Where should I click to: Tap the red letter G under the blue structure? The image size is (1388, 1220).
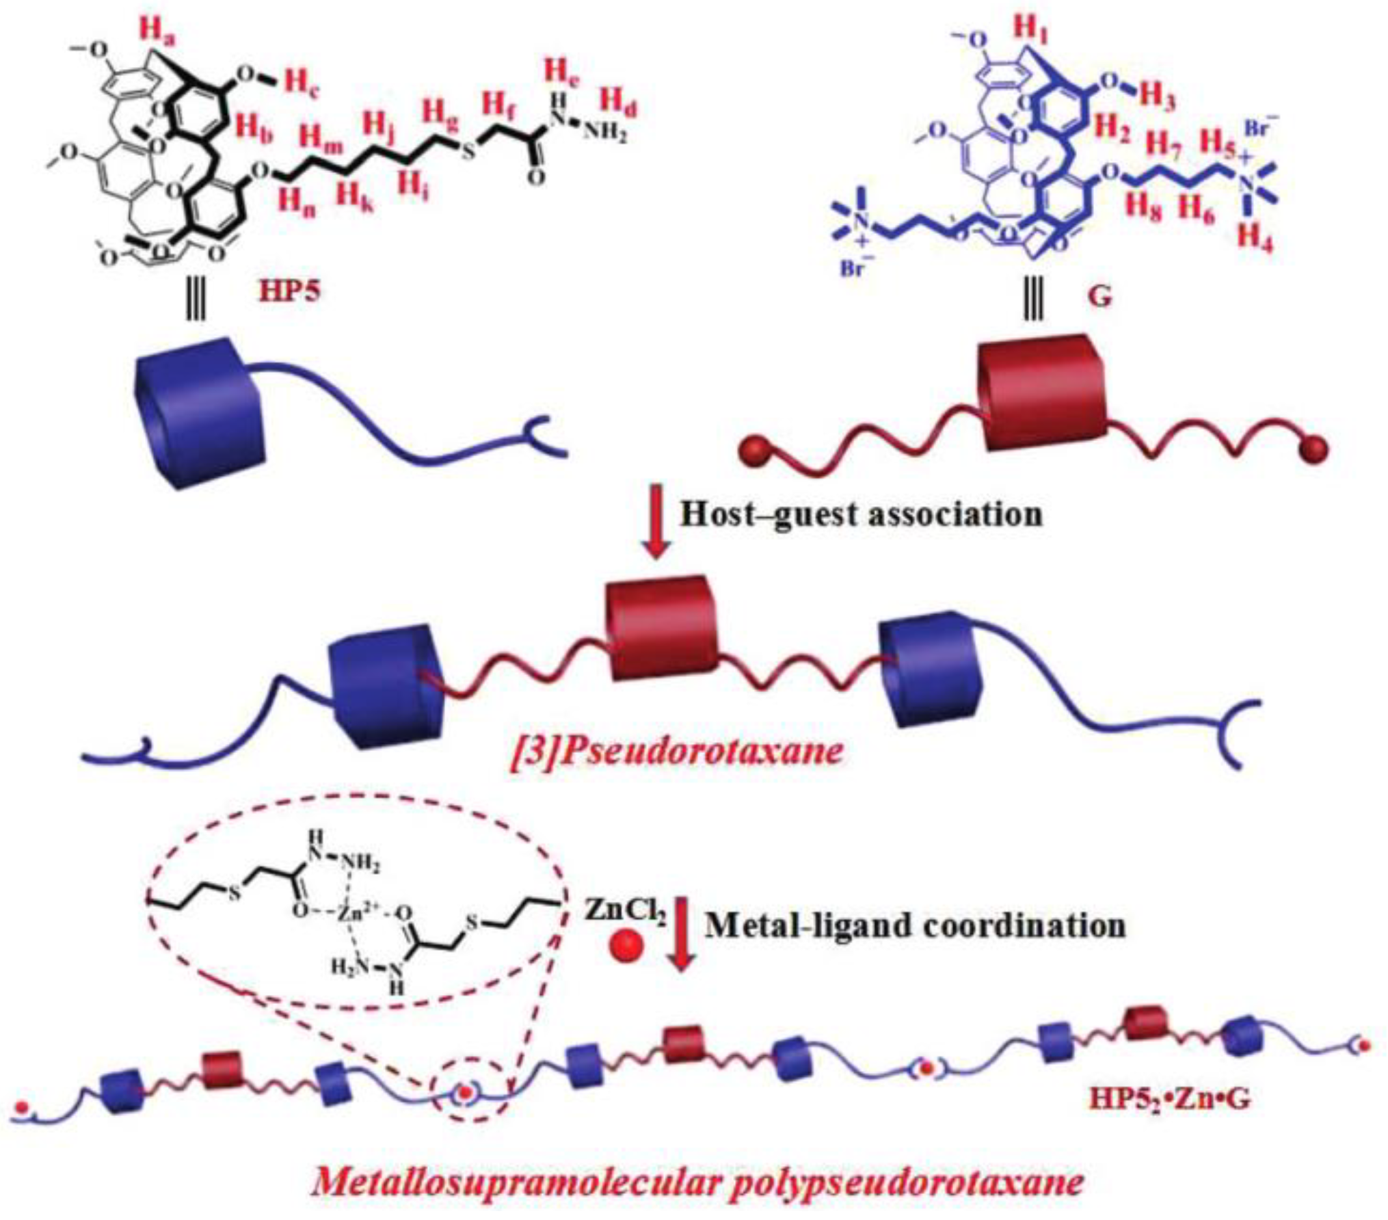tap(1100, 297)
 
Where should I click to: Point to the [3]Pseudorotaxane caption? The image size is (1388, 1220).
tap(678, 752)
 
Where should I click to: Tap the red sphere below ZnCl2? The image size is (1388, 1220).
tap(627, 949)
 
